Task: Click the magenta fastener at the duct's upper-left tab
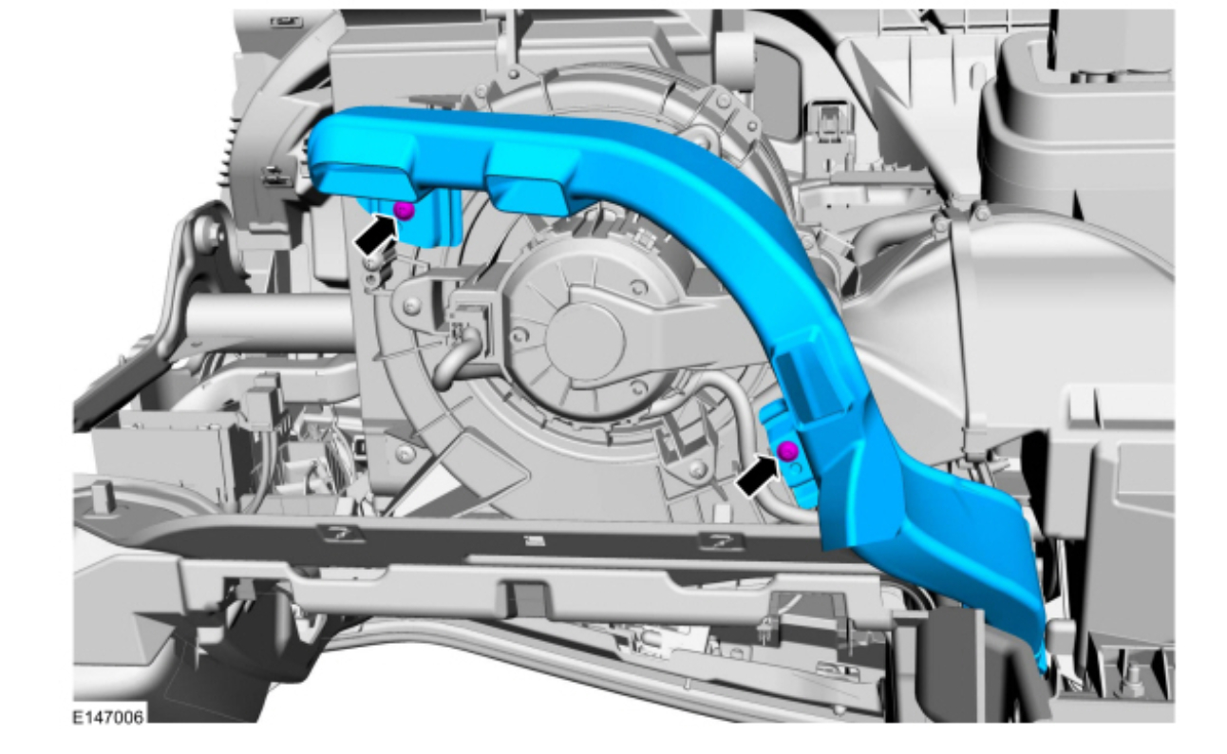point(404,210)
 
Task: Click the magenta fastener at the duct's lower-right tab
point(787,451)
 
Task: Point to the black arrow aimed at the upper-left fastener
point(376,234)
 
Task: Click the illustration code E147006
point(108,717)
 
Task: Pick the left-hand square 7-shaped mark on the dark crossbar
point(342,534)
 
